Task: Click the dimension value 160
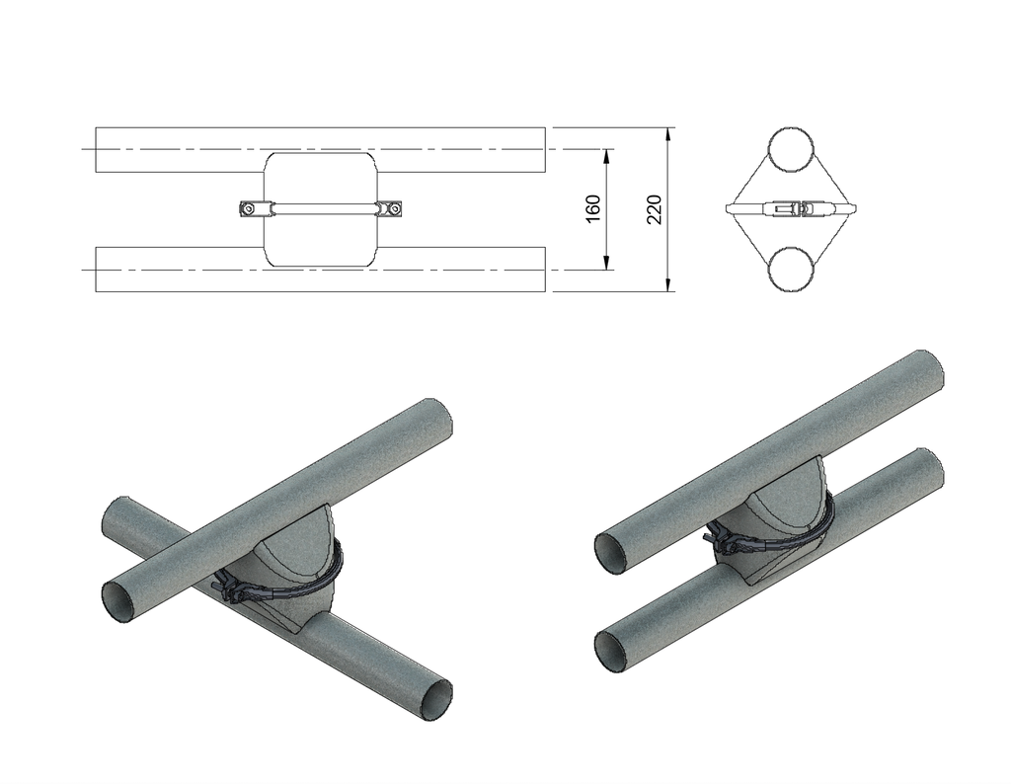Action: (593, 208)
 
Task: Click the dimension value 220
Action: (654, 208)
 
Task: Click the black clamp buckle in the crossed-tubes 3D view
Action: (232, 588)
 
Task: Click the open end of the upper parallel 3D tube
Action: (613, 551)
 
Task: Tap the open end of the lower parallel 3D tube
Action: (613, 650)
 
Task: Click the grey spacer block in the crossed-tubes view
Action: (296, 568)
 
